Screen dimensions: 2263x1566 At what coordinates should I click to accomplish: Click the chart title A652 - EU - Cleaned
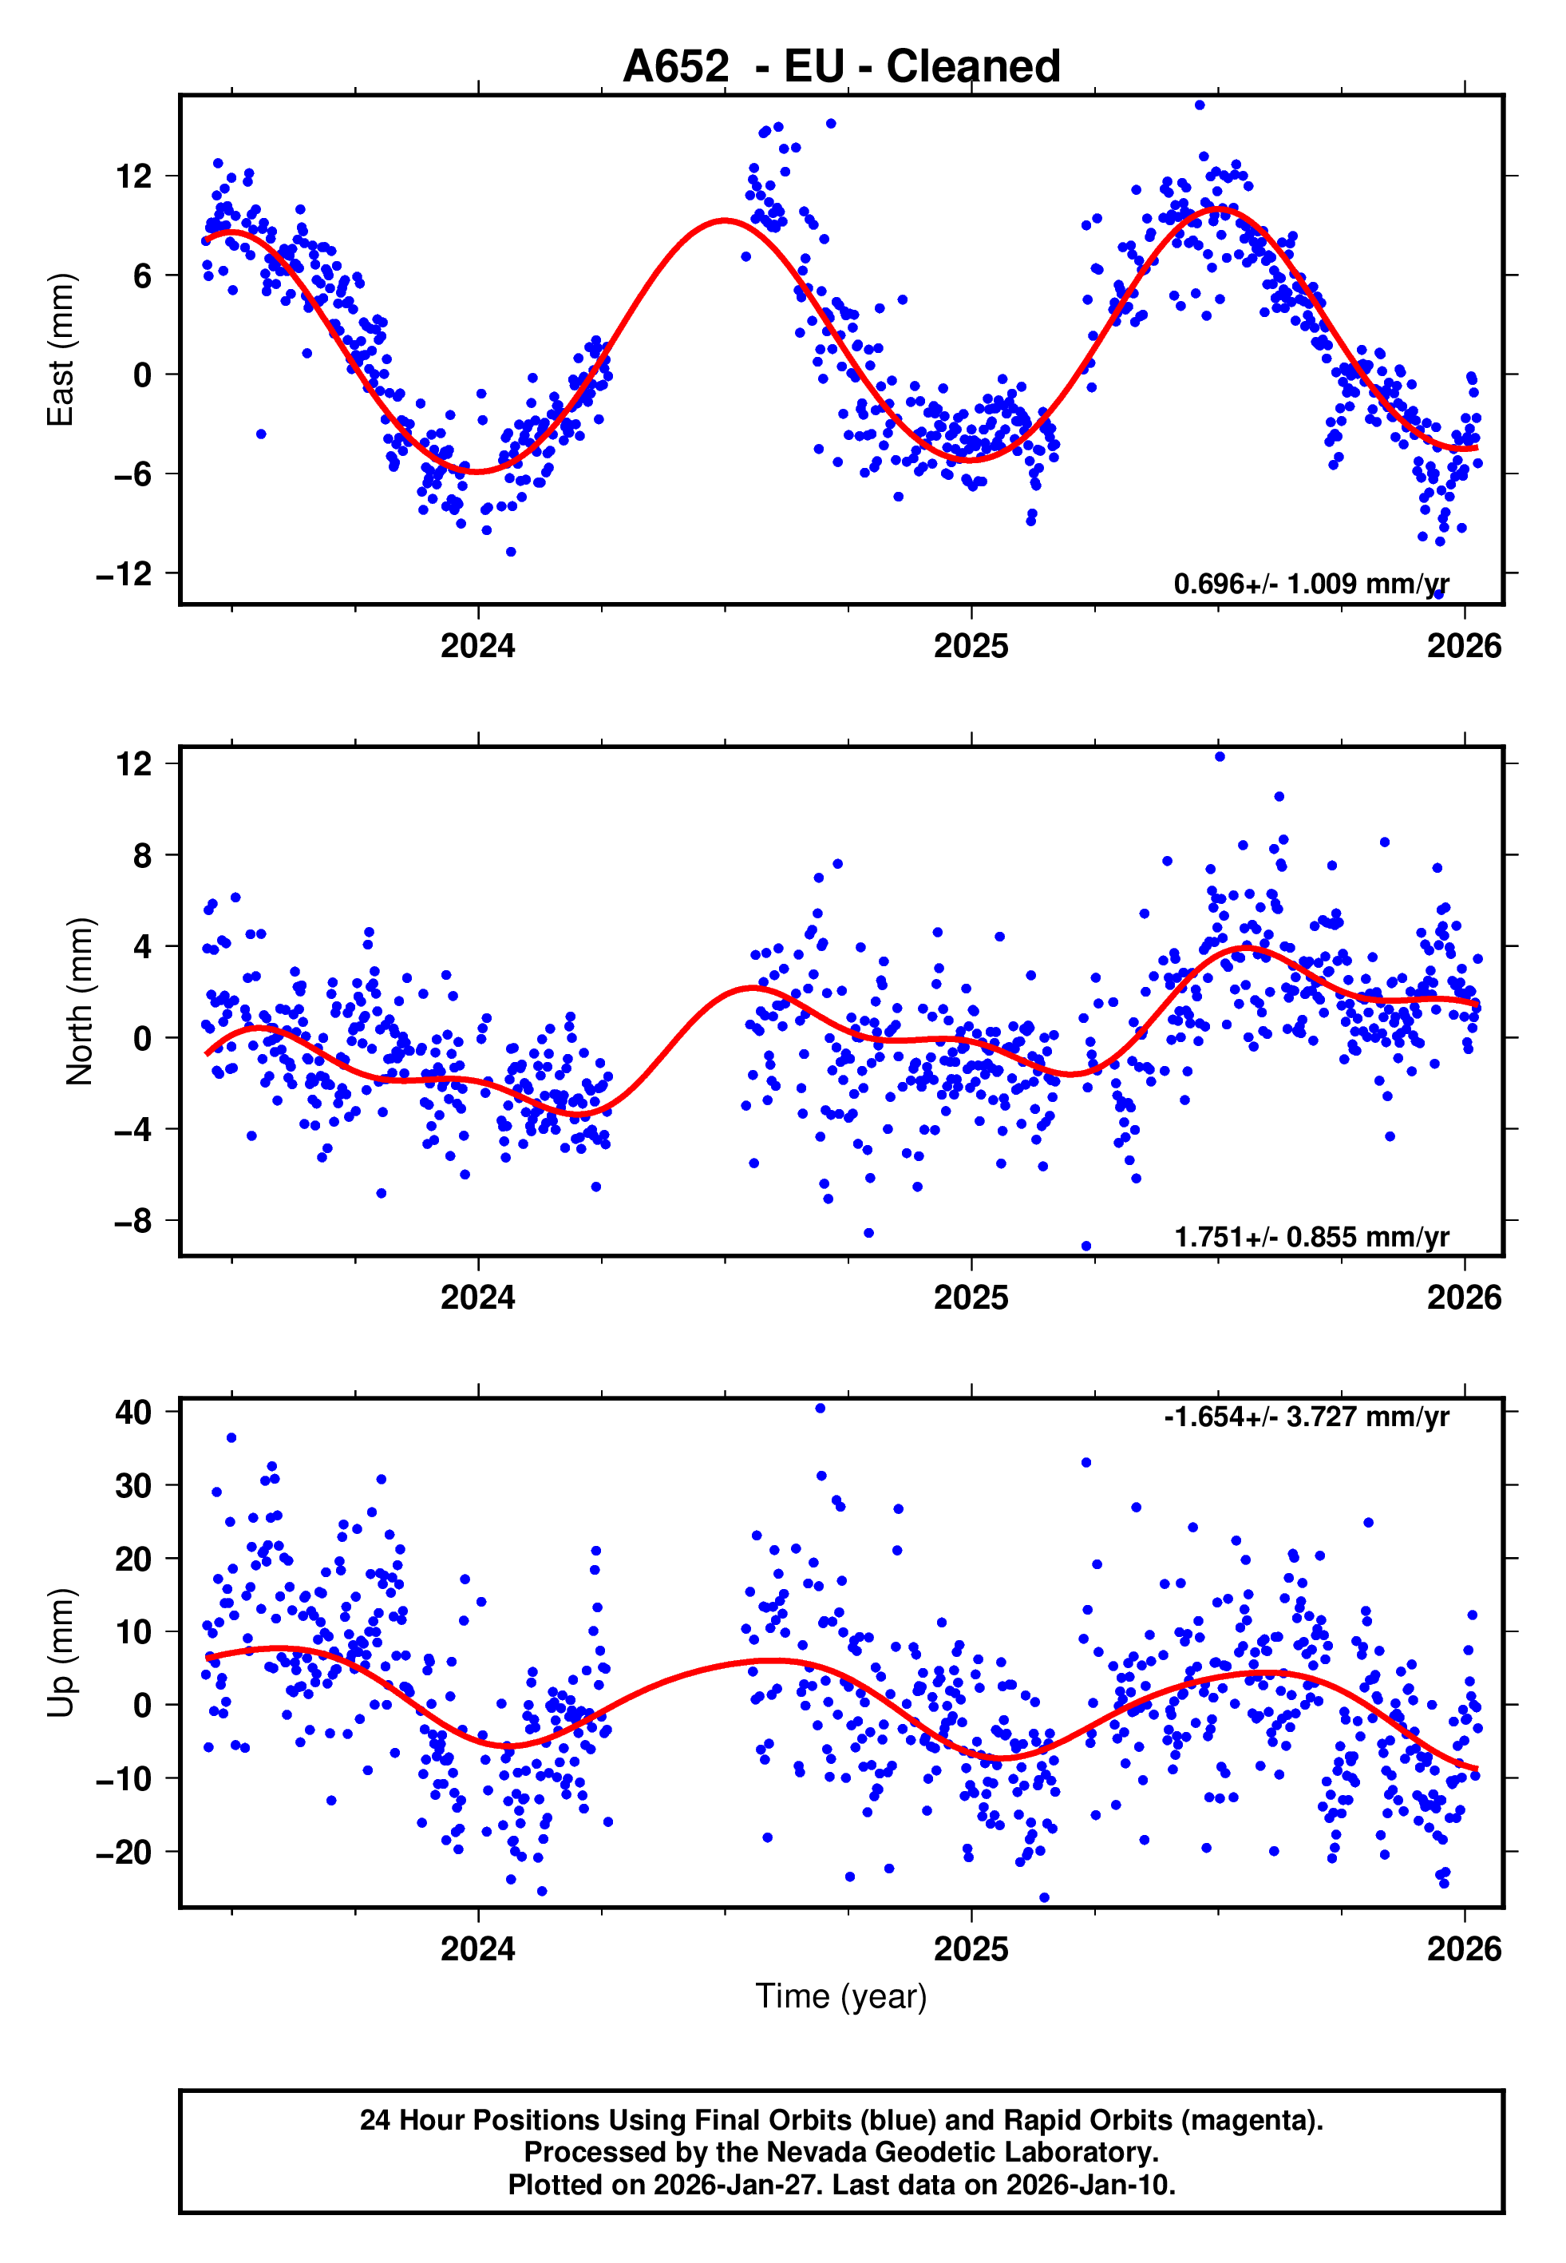(841, 67)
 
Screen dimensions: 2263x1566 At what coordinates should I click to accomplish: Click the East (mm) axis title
(61, 350)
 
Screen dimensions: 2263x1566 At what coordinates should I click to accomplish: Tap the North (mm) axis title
(80, 1001)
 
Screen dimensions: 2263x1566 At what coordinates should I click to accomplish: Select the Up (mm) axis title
(61, 1653)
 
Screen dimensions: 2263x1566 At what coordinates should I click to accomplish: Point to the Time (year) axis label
(841, 1996)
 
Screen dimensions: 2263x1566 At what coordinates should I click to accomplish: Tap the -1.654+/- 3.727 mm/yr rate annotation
(1306, 1417)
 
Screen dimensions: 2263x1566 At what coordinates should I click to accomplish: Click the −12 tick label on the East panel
(124, 574)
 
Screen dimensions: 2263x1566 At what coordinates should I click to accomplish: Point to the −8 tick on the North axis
(133, 1221)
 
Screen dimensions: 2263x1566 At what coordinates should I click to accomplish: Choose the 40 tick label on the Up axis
(133, 1412)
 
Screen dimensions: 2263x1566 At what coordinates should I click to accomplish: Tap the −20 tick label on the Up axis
(124, 1853)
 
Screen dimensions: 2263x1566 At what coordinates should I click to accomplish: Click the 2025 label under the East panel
(971, 647)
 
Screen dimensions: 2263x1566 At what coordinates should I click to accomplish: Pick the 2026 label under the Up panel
(1464, 1949)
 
